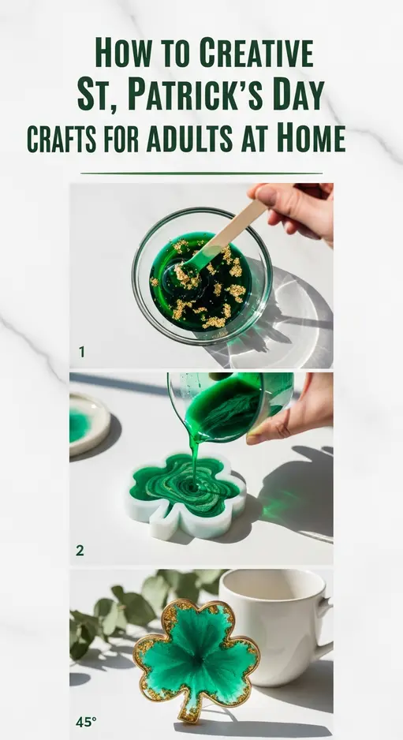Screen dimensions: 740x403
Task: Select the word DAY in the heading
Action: [x=291, y=95]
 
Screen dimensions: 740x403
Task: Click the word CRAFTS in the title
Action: [x=62, y=139]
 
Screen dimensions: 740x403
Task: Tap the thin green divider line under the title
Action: [x=201, y=173]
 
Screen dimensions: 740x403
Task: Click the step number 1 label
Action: [x=81, y=352]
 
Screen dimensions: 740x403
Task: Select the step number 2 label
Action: [x=80, y=551]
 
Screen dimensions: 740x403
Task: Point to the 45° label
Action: [x=85, y=721]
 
